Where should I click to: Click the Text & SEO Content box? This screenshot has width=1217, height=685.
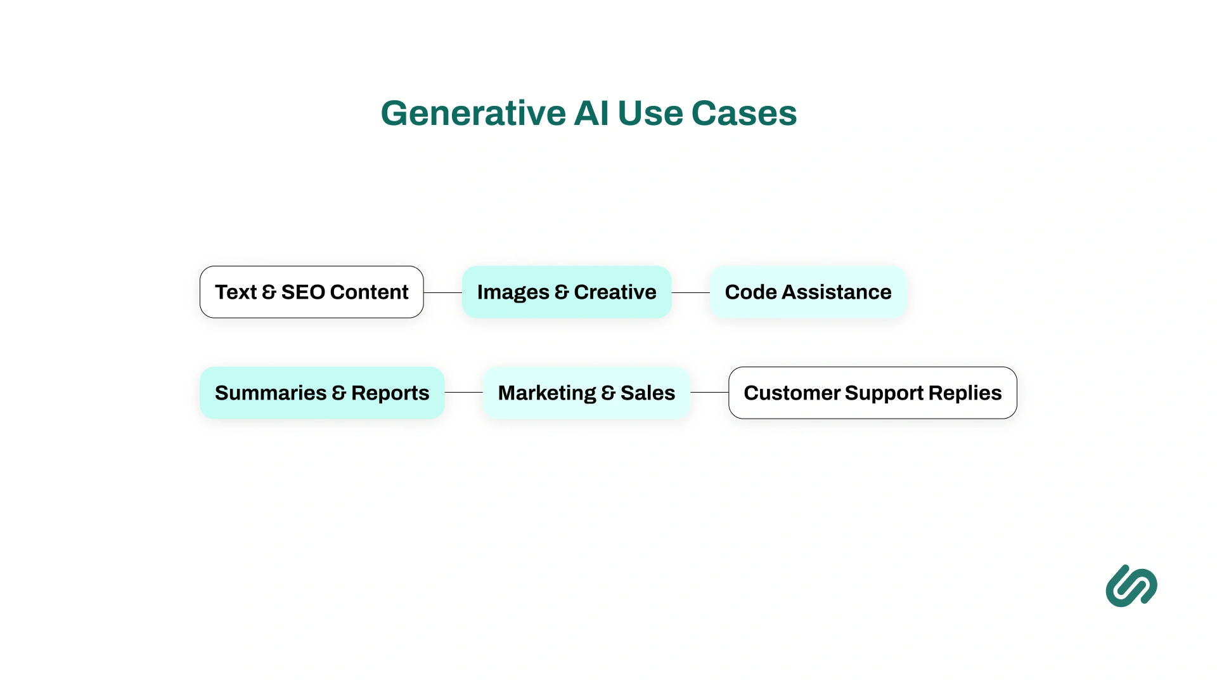tap(311, 292)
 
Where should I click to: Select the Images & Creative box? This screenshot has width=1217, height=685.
tap(566, 292)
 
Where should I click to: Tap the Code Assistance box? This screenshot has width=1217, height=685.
tap(808, 292)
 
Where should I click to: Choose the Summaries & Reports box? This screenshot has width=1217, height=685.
tap(322, 393)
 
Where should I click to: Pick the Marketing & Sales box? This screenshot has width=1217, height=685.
tap(586, 393)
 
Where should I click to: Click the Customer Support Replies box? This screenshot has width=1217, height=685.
tap(872, 393)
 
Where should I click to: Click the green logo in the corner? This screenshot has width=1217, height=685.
tap(1131, 586)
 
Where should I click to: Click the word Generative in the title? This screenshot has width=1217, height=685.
tap(473, 114)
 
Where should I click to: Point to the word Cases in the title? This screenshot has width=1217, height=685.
tap(744, 114)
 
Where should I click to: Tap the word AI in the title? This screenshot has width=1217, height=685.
tap(591, 114)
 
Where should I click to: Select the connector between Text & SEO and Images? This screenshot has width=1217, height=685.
tap(442, 292)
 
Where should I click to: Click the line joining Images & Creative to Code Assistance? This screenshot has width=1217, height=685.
tap(690, 292)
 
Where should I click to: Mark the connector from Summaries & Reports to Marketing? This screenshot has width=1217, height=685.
tap(463, 392)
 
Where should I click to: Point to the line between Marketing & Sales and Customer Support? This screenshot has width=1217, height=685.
tap(709, 392)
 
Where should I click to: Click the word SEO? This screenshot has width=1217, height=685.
tap(303, 292)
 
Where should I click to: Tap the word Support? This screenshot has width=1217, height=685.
tap(884, 393)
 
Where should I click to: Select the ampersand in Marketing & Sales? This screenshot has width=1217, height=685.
tap(608, 393)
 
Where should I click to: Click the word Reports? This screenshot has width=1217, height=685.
tap(390, 393)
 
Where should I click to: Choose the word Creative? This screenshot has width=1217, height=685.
tap(615, 292)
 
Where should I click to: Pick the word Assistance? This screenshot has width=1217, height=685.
tap(836, 292)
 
